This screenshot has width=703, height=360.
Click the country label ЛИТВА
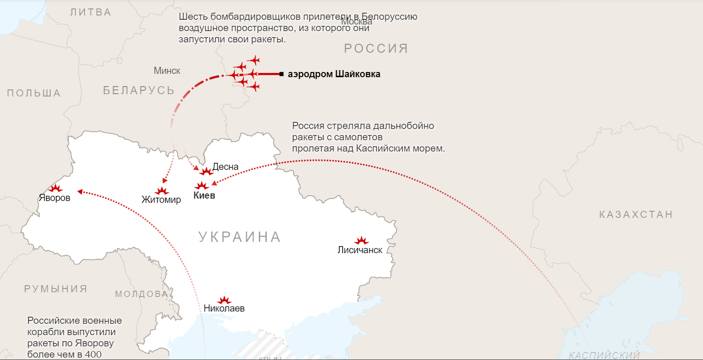[x=91, y=12]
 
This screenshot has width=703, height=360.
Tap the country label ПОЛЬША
[x=34, y=93]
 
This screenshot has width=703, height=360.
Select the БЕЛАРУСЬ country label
[x=139, y=90]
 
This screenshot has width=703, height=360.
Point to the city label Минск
[x=167, y=71]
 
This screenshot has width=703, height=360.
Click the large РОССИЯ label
[x=376, y=48]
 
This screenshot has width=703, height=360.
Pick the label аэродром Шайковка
[x=334, y=74]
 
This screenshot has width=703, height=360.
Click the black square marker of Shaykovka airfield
[x=281, y=74]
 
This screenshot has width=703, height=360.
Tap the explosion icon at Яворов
[x=56, y=188]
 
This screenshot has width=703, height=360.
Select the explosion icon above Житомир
[x=162, y=191]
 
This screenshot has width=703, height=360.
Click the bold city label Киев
[x=204, y=196]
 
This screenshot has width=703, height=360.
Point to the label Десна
[x=226, y=167]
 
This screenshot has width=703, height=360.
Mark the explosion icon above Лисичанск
[x=361, y=240]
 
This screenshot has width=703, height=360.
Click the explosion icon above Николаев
[x=224, y=300]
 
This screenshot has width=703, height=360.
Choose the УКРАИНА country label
[x=240, y=237]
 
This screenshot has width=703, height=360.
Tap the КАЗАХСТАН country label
[x=636, y=215]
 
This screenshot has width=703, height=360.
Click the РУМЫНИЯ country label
[x=56, y=289]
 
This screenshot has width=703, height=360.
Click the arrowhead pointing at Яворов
[x=80, y=192]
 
